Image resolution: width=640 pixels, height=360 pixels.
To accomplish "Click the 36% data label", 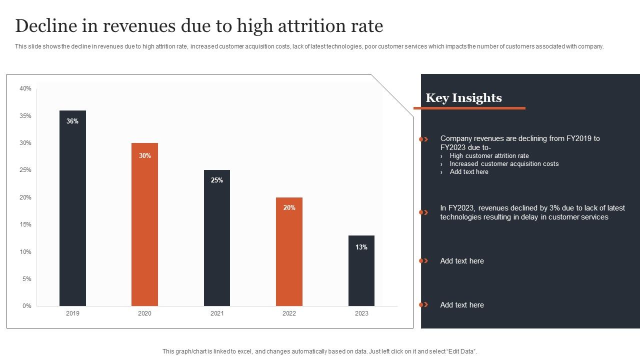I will (72, 121).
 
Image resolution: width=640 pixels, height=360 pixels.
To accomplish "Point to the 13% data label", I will (361, 247).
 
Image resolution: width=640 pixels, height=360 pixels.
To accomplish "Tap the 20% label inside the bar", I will (289, 207).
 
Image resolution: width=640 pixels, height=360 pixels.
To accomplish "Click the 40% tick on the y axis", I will (25, 88).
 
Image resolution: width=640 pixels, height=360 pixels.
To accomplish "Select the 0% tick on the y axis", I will (27, 306).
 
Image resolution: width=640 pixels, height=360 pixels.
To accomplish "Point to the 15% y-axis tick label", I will (25, 224).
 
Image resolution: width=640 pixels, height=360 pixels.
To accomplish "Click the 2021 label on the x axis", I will (217, 313).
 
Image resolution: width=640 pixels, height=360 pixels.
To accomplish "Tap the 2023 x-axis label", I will (361, 313).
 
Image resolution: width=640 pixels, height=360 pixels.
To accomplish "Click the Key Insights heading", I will (463, 98).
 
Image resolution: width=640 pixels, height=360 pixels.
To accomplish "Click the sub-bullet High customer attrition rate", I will (489, 156).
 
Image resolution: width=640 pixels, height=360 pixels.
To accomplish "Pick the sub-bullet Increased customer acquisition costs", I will (504, 164).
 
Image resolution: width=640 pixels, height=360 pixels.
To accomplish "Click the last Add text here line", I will (462, 305).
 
